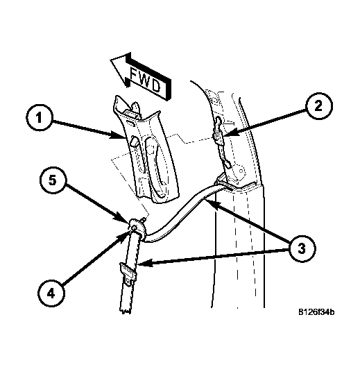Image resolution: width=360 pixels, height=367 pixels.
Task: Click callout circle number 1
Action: tap(39, 117)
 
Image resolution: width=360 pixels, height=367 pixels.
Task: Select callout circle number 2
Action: tap(318, 107)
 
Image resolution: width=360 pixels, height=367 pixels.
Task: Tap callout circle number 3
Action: tap(302, 248)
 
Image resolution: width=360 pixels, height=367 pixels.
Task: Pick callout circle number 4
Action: tap(51, 293)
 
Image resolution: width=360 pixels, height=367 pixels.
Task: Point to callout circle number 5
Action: tap(53, 180)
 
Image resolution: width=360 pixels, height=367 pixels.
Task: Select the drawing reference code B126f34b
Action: tap(316, 312)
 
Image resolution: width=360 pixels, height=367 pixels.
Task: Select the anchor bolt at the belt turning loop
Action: tap(134, 228)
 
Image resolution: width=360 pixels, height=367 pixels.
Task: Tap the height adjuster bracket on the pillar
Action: tap(221, 144)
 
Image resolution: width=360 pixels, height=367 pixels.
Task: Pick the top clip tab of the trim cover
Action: tap(136, 107)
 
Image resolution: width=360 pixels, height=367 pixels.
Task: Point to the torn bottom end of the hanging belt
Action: tap(126, 310)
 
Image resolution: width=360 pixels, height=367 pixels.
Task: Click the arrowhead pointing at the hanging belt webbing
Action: tap(144, 264)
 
